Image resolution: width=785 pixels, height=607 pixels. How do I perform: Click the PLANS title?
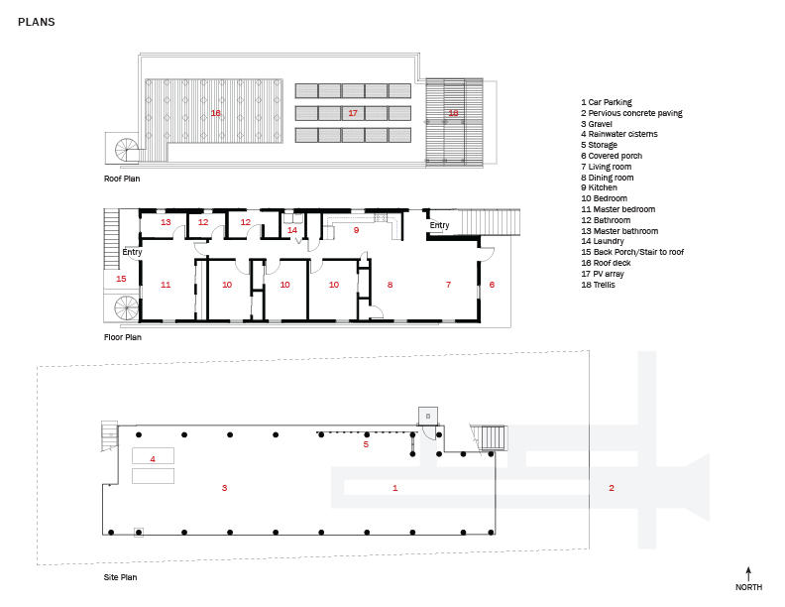(36, 22)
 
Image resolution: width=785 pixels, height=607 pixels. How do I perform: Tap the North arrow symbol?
(748, 574)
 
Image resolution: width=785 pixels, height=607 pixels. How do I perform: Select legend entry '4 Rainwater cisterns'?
(619, 134)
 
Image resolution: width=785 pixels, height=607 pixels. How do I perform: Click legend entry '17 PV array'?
(603, 274)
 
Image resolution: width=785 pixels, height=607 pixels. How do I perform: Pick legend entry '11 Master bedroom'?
(617, 209)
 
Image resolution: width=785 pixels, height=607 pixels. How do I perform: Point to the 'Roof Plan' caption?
(122, 179)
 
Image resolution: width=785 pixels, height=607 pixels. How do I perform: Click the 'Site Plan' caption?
(120, 577)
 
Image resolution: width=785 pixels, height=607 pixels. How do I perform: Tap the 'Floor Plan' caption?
(123, 337)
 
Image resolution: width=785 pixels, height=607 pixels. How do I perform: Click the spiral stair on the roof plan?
(126, 149)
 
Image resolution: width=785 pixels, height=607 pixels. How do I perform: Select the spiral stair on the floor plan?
(126, 308)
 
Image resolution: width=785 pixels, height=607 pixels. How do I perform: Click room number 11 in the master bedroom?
(166, 285)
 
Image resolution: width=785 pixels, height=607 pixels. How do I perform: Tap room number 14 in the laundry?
(291, 230)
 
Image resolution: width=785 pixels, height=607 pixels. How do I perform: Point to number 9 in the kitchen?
(356, 230)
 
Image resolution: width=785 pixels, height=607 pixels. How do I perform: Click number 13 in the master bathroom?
(166, 222)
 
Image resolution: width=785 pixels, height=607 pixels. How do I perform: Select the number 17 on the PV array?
(353, 113)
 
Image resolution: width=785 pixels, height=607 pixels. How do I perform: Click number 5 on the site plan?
(366, 444)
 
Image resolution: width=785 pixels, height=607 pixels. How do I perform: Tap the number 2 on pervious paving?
(611, 488)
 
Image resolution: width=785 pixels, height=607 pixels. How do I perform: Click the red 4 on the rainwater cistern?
(153, 459)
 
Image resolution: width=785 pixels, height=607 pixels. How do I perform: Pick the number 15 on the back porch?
(121, 279)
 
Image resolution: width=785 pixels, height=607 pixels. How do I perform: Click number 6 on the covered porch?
(492, 285)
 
